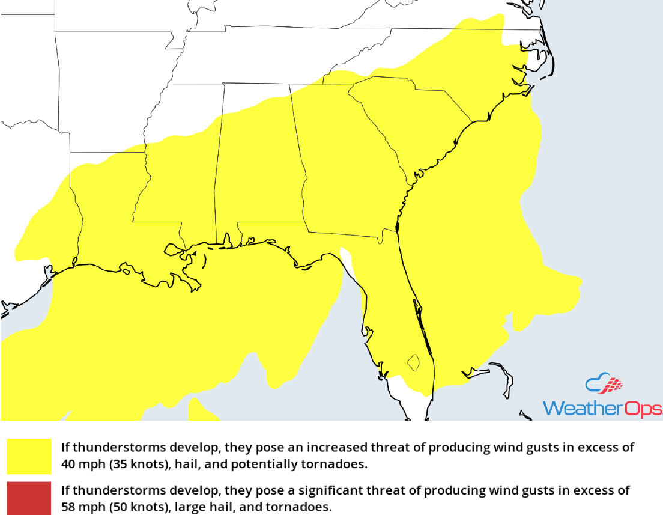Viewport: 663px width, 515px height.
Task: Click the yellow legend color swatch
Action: tap(29, 456)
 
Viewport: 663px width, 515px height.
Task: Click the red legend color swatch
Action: tap(29, 498)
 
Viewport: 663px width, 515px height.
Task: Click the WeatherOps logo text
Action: tap(602, 408)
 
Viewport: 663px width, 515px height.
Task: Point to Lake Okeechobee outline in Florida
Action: tap(413, 362)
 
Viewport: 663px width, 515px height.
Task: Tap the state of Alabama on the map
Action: tap(258, 174)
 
